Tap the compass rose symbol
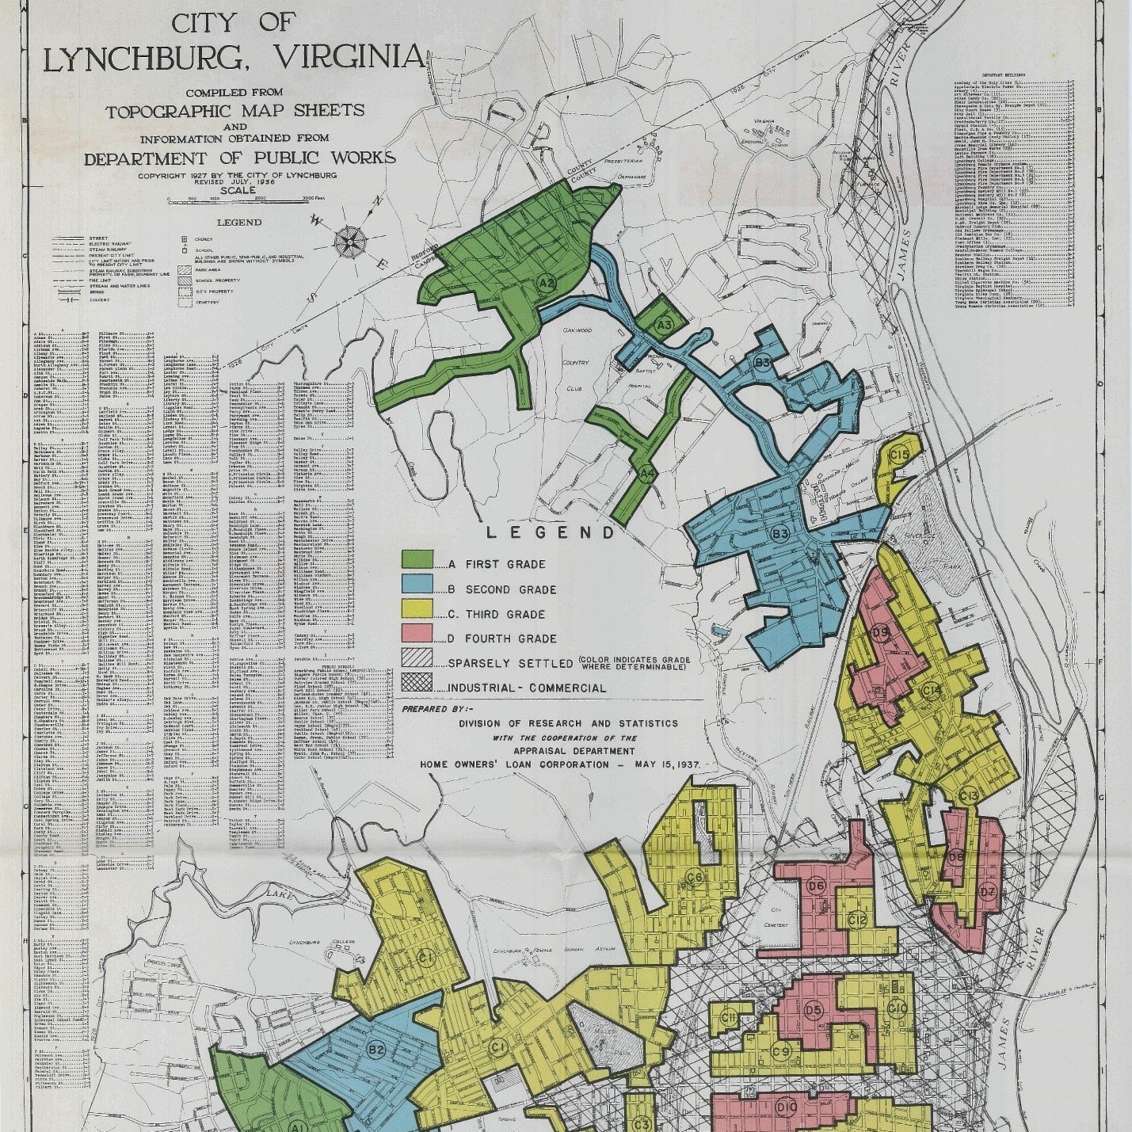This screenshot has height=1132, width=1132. tap(349, 241)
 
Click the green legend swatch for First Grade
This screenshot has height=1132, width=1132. tap(417, 560)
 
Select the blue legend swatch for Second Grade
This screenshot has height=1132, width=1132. tap(417, 585)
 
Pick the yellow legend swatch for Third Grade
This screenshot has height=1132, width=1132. tap(417, 609)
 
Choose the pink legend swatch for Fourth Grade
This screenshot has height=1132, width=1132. tap(417, 634)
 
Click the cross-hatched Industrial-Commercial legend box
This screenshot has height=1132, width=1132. tap(417, 683)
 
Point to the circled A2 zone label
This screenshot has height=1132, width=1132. tap(546, 283)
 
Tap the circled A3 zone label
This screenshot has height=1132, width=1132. tap(664, 324)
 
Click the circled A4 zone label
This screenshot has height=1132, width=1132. tap(647, 474)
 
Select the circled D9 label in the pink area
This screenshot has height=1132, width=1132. tap(880, 631)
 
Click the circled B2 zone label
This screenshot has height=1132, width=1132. tap(376, 1050)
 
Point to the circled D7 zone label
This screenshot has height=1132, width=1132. tap(987, 891)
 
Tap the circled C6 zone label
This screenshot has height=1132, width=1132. tap(695, 877)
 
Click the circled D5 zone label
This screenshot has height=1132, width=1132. tap(814, 1010)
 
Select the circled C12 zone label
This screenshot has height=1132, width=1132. tap(857, 920)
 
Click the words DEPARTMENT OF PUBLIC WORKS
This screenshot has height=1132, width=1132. tap(240, 158)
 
